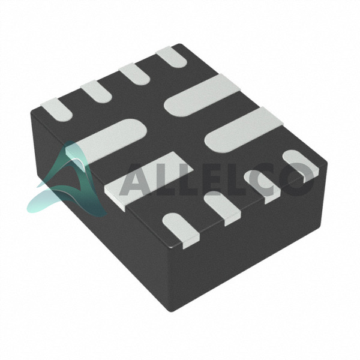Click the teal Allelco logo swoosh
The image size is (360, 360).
[69, 184]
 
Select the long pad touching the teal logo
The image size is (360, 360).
[106, 142]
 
